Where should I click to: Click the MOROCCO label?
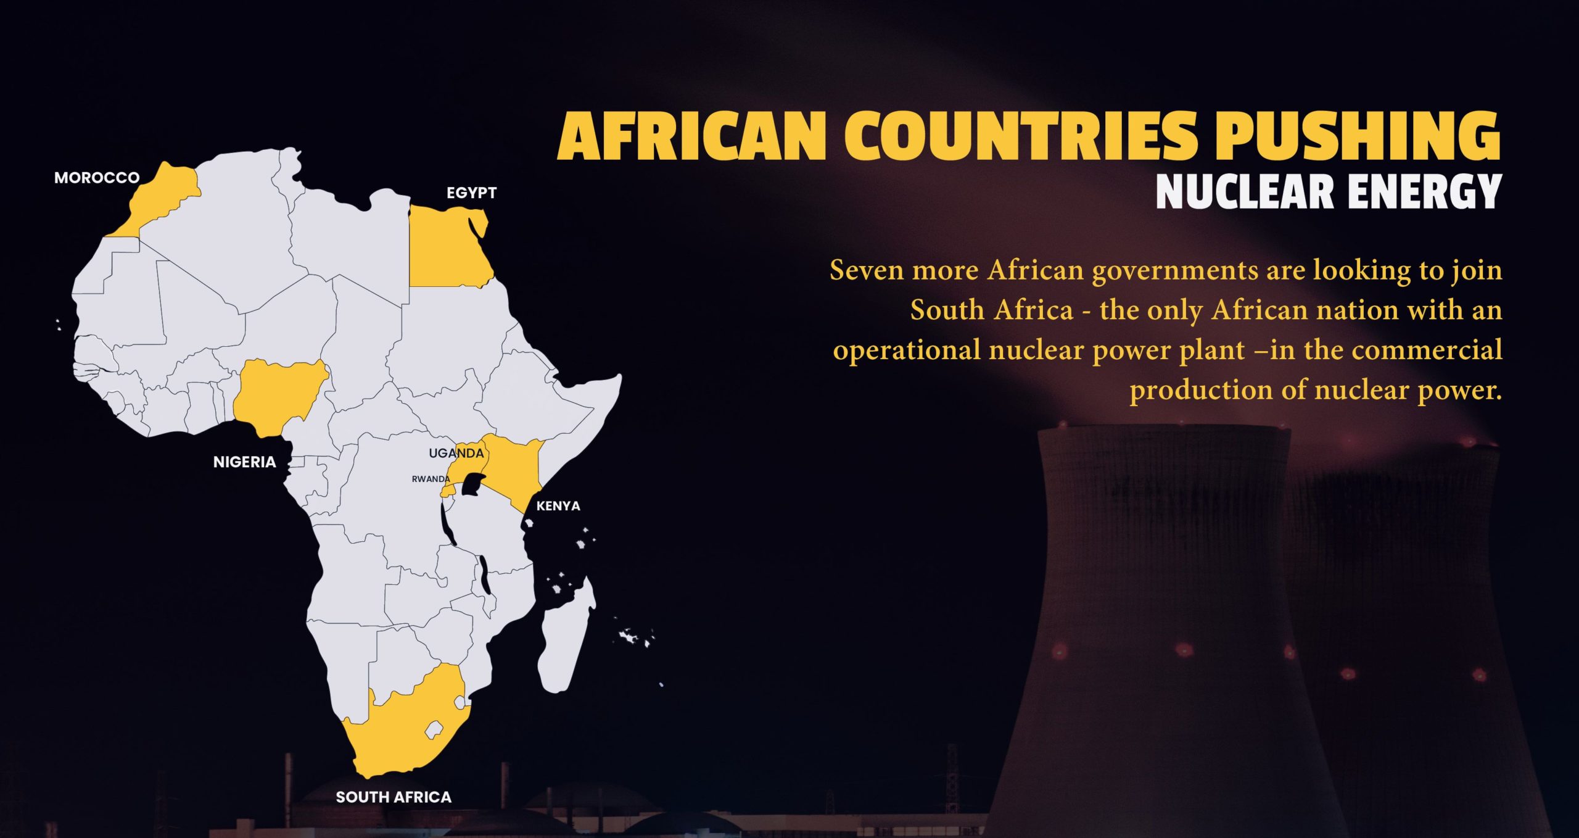pos(97,178)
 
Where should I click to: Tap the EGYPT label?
pos(471,193)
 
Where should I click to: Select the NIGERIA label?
pos(244,462)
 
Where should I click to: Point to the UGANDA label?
pos(456,453)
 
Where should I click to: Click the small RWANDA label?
pos(431,479)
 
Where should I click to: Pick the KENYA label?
pos(558,506)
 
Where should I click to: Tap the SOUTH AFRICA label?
pos(394,797)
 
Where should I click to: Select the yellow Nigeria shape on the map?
pos(278,395)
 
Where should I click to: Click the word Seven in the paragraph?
pos(867,270)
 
